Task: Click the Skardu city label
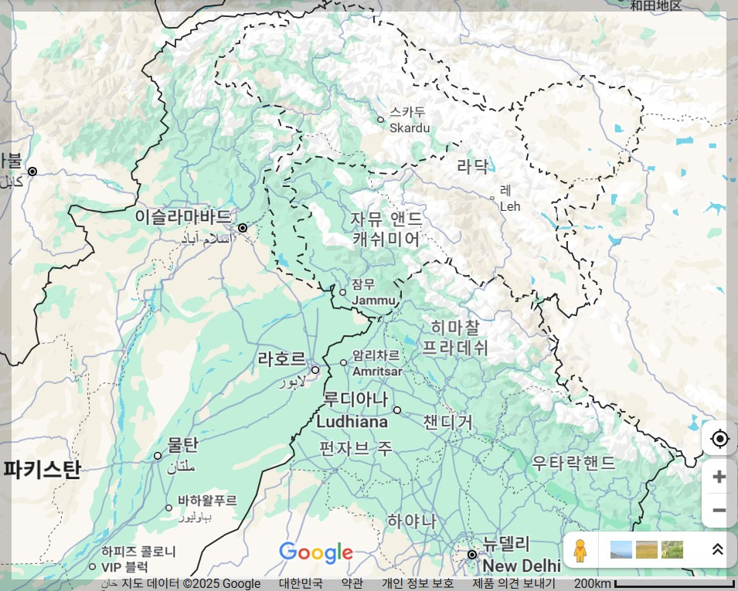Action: click(408, 121)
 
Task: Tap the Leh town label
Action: click(509, 199)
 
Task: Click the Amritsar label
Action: click(376, 363)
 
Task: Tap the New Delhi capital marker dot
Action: click(472, 555)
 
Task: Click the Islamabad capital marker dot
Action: click(243, 228)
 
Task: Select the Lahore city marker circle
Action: click(315, 370)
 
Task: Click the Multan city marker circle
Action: click(158, 456)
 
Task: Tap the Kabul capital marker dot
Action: click(32, 171)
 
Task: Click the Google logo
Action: click(315, 552)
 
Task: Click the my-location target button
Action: click(719, 439)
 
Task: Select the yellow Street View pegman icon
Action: click(580, 550)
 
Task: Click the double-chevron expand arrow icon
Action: click(717, 549)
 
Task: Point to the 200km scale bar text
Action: click(592, 583)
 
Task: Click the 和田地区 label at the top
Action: click(655, 6)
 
